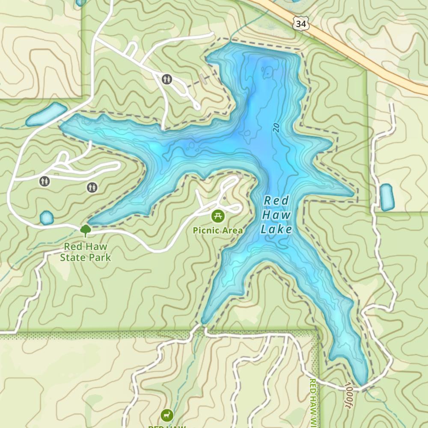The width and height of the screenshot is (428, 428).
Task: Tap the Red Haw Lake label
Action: (276, 215)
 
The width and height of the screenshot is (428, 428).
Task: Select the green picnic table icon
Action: (218, 216)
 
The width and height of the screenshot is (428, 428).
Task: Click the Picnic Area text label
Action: (218, 231)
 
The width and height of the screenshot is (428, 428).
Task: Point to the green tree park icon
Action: (86, 231)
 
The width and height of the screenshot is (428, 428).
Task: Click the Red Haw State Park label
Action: (85, 252)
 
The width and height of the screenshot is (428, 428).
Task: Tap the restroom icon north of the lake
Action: (167, 79)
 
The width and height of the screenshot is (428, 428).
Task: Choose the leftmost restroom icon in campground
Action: (45, 181)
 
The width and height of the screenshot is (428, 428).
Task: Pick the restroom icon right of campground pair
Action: (92, 187)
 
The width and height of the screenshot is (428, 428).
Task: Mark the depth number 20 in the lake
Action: (276, 128)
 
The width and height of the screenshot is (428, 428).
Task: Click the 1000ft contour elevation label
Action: (349, 396)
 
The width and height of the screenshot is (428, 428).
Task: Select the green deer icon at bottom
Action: (167, 415)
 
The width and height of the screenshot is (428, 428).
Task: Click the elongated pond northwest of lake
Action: (46, 114)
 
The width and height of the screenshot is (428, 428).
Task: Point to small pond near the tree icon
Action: (46, 217)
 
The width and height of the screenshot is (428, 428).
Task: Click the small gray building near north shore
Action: (202, 78)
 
